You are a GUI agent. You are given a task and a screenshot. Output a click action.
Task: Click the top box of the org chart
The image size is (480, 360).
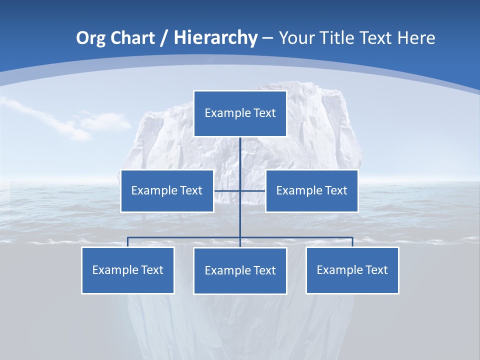(240, 113)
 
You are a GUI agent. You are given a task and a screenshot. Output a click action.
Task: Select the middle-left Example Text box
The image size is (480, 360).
(167, 191)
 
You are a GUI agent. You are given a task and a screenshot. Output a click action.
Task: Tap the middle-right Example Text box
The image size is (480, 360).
(311, 191)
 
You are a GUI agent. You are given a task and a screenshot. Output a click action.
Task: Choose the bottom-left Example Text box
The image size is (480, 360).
(128, 270)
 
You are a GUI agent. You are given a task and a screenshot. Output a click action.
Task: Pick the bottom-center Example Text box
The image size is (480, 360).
(240, 271)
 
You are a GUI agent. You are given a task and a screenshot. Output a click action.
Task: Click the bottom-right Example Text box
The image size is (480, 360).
(352, 270)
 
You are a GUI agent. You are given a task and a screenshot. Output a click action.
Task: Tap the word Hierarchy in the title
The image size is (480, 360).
(215, 38)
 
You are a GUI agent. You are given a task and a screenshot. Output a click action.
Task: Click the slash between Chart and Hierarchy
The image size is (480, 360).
(164, 38)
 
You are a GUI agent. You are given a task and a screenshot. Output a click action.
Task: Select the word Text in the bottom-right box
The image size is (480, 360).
(376, 270)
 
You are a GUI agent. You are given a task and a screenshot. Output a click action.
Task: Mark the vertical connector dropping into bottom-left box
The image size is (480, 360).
(127, 242)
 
